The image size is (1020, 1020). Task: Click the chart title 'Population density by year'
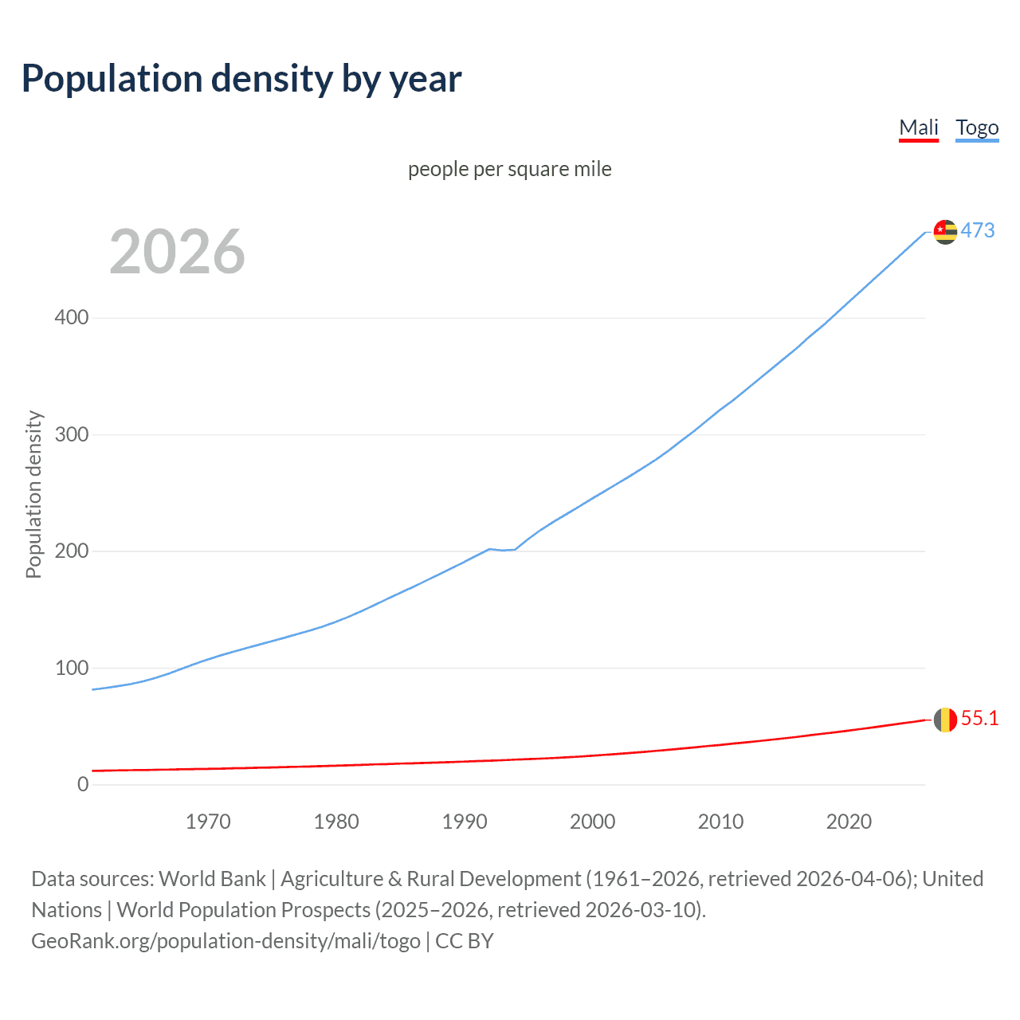(x=241, y=79)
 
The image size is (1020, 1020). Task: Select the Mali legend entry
(x=919, y=127)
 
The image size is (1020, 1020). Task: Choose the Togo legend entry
(x=977, y=127)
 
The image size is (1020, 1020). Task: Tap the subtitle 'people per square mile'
(x=509, y=169)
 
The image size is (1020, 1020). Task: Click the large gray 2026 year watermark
(x=177, y=252)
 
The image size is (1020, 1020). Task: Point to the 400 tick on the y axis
(x=72, y=318)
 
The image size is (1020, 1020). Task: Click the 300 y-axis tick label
(x=72, y=434)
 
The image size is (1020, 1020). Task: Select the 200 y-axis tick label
(x=72, y=551)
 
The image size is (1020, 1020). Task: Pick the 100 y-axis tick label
(x=72, y=668)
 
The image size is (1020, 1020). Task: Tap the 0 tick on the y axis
(x=83, y=784)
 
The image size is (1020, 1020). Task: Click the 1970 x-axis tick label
(x=208, y=822)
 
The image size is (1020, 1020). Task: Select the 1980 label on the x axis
(x=336, y=822)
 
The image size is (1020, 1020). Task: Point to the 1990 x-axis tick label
(x=465, y=822)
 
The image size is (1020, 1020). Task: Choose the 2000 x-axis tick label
(x=592, y=822)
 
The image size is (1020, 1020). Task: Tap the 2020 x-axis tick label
(x=849, y=822)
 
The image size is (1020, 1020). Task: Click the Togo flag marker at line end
(x=945, y=232)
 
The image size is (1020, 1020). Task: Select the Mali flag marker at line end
(x=945, y=720)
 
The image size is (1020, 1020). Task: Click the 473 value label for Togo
(x=978, y=231)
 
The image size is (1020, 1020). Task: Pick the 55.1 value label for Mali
(x=979, y=719)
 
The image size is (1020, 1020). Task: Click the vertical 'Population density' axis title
(x=33, y=494)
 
